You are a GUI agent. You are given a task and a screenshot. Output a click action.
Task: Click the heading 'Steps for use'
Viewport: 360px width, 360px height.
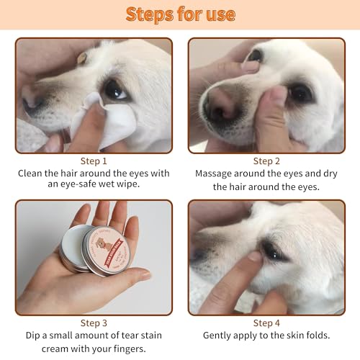[x=180, y=14]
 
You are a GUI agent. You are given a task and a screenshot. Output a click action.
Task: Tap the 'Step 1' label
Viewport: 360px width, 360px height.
[x=94, y=161]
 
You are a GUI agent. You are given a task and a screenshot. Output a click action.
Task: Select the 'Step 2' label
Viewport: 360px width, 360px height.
[x=266, y=161]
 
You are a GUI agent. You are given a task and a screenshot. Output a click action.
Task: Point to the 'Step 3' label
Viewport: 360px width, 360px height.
[x=94, y=323]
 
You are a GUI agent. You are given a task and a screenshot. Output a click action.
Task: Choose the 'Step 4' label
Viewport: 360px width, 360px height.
[x=266, y=323]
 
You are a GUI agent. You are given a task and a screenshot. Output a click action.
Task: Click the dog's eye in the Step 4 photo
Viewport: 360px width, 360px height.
[x=273, y=248]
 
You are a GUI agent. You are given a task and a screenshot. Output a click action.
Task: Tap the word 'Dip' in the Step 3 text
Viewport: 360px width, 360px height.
[x=31, y=336]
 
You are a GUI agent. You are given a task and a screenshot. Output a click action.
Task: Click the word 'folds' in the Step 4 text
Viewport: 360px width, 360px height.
[x=315, y=336]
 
